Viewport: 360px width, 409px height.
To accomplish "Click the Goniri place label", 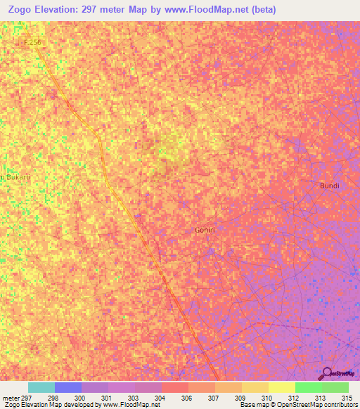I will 205,230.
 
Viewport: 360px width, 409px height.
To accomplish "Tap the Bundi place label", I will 329,186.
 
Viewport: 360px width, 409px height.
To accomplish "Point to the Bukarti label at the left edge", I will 15,177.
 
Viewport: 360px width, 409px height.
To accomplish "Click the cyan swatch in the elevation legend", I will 41,387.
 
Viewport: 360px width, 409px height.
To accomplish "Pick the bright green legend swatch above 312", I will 308,387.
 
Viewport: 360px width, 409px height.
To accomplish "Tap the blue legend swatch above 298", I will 67,387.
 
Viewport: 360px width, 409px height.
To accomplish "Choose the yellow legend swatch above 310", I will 255,387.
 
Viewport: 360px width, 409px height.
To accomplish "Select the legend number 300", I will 82,398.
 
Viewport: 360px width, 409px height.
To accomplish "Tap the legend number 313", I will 322,398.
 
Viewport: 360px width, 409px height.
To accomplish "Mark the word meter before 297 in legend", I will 11,398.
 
